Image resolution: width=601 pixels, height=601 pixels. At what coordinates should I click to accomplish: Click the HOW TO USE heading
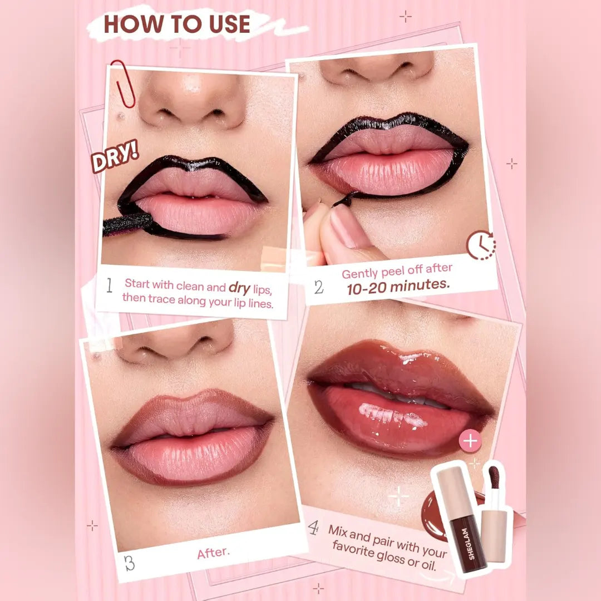[177, 24]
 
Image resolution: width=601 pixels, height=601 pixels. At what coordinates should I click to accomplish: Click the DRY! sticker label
[115, 156]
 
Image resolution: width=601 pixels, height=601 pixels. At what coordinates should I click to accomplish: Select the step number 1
[110, 285]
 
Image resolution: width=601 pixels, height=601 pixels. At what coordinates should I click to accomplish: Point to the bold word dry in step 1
[239, 288]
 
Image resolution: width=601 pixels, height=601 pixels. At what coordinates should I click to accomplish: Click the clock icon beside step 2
[481, 245]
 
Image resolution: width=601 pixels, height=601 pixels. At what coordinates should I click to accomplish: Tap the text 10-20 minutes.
[398, 286]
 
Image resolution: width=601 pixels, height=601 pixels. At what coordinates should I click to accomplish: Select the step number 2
[319, 287]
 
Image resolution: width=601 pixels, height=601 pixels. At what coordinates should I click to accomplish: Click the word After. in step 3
[214, 553]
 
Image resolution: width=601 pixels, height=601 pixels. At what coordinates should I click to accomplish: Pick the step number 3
[130, 563]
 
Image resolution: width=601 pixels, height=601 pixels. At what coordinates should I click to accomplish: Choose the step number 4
[313, 528]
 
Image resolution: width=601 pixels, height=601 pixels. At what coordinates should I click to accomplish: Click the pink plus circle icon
[470, 440]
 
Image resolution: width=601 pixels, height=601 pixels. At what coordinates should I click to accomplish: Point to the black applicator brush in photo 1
[129, 224]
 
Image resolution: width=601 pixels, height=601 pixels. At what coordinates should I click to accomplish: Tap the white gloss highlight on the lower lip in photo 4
[392, 415]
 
